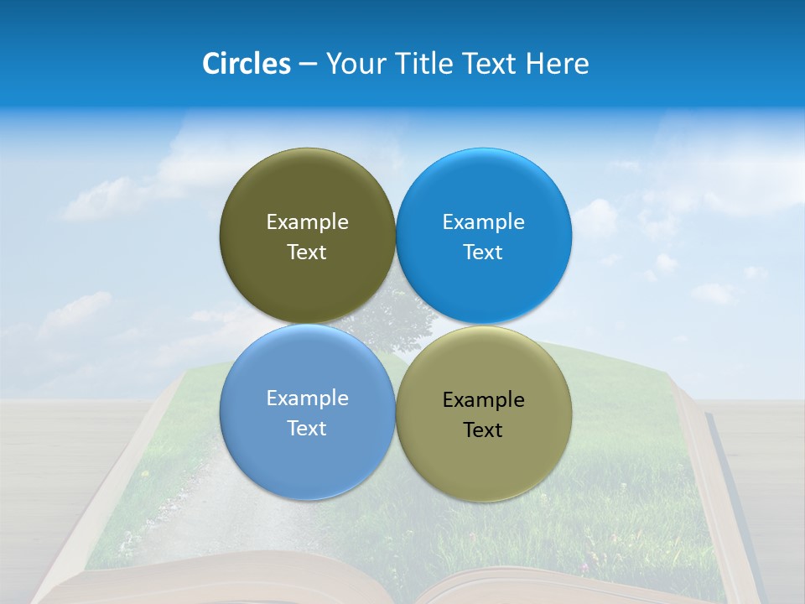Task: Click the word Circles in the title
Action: click(x=247, y=64)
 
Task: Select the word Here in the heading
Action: click(x=557, y=64)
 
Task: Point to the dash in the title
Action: click(x=308, y=65)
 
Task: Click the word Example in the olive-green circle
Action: click(x=307, y=222)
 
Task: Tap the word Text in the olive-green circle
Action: click(x=307, y=253)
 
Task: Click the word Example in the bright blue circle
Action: click(x=483, y=222)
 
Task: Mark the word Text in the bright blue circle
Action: click(x=483, y=253)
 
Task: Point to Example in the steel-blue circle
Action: click(x=307, y=398)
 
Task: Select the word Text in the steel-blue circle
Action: click(x=307, y=429)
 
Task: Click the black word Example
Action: click(x=483, y=400)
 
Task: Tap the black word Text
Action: click(x=483, y=430)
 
